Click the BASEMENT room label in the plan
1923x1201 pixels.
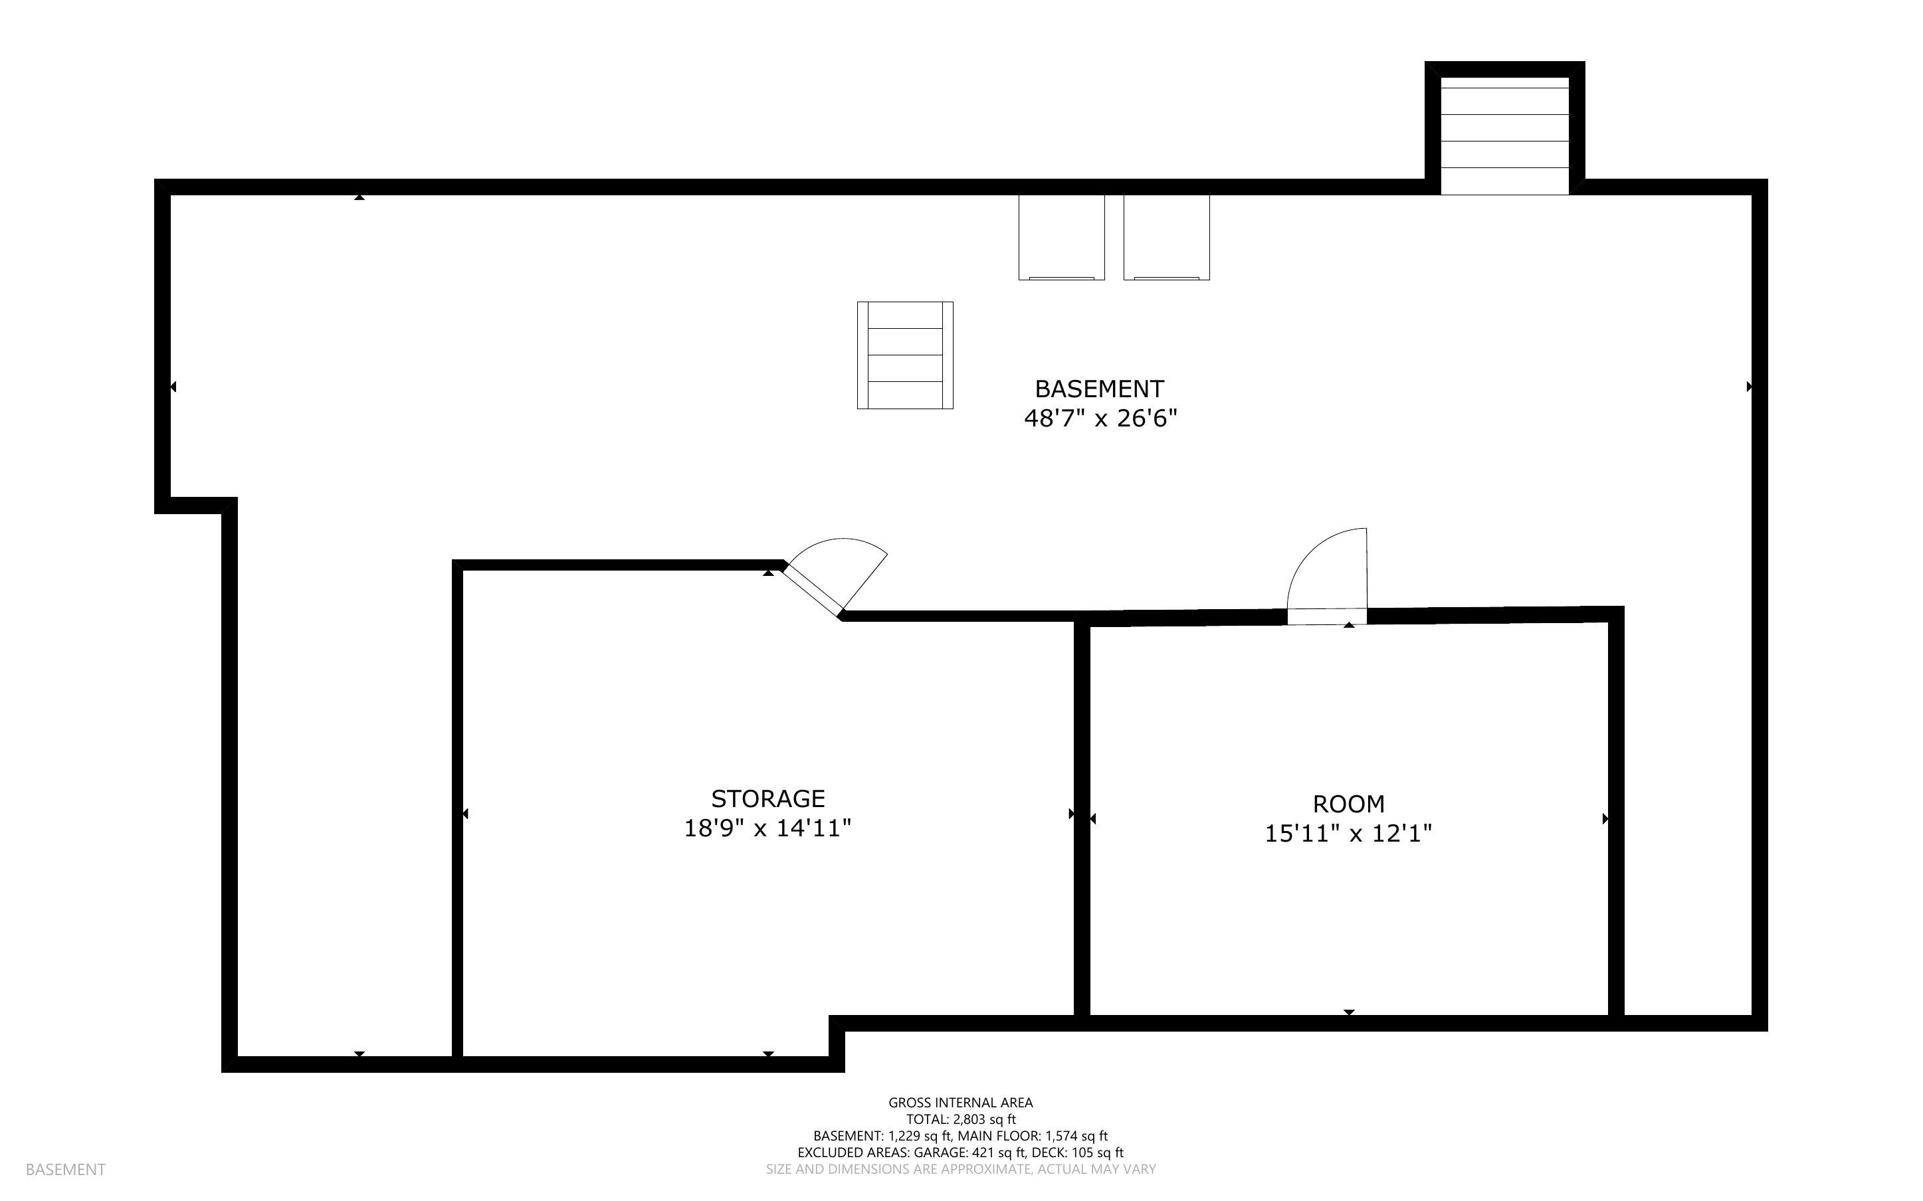click(x=1098, y=389)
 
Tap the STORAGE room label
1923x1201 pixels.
click(x=767, y=798)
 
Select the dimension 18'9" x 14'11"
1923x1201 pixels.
click(x=767, y=828)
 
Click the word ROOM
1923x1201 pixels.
click(x=1348, y=804)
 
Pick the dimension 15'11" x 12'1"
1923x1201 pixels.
click(x=1348, y=833)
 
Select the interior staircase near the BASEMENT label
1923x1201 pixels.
click(x=905, y=355)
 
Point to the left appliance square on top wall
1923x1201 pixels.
click(x=1061, y=236)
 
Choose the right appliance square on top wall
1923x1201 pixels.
click(x=1166, y=236)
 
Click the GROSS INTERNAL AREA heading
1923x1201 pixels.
click(x=960, y=1103)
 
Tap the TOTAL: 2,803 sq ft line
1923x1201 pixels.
click(x=960, y=1119)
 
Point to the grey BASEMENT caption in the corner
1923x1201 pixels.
click(x=65, y=1169)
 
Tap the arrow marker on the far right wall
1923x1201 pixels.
click(x=1749, y=387)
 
